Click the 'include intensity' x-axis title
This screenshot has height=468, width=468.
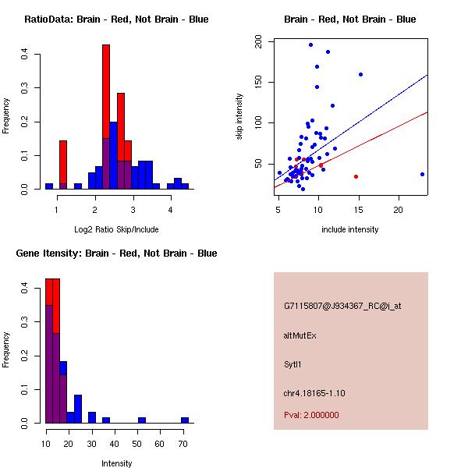point(350,229)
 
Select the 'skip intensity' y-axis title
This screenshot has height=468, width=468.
point(239,117)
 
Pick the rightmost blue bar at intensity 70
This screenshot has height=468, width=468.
point(185,420)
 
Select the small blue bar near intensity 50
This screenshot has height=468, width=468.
point(142,420)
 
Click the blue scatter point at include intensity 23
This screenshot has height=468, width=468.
point(422,174)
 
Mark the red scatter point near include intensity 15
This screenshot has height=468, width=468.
point(356,176)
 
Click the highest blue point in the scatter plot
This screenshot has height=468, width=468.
point(310,44)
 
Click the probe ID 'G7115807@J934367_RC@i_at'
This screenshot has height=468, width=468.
point(342,306)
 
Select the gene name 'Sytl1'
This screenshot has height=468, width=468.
point(292,363)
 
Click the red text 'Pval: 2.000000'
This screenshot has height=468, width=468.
point(311,415)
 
